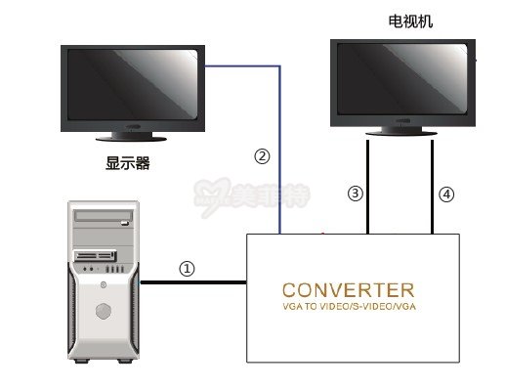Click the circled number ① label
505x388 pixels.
coord(188,268)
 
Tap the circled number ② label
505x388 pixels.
coord(261,155)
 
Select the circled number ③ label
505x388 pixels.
coord(355,194)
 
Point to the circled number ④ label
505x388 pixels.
coord(446,194)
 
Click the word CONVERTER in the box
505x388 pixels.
coord(348,290)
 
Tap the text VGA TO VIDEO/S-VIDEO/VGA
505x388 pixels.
coord(348,308)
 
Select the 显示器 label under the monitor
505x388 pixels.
coord(127,163)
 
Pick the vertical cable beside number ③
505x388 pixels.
coord(367,186)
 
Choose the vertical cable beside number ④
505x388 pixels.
coord(432,186)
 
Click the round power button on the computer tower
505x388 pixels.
coord(102,311)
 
